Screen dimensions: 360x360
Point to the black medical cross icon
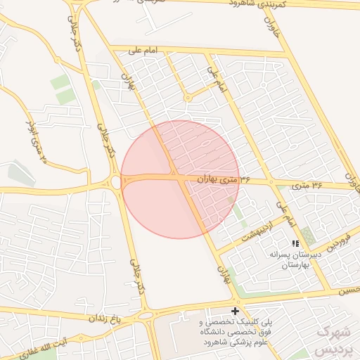[235, 311]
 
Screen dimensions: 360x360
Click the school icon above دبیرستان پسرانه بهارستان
[294, 243]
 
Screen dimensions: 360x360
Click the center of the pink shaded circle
[180, 179]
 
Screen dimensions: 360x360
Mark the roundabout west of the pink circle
[116, 183]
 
